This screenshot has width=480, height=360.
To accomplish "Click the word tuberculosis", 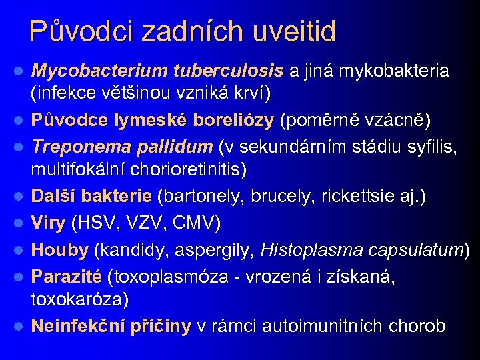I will point(229,70).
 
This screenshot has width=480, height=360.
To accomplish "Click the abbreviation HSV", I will point(103,222).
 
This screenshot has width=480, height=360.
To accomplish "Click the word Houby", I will point(60,250).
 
